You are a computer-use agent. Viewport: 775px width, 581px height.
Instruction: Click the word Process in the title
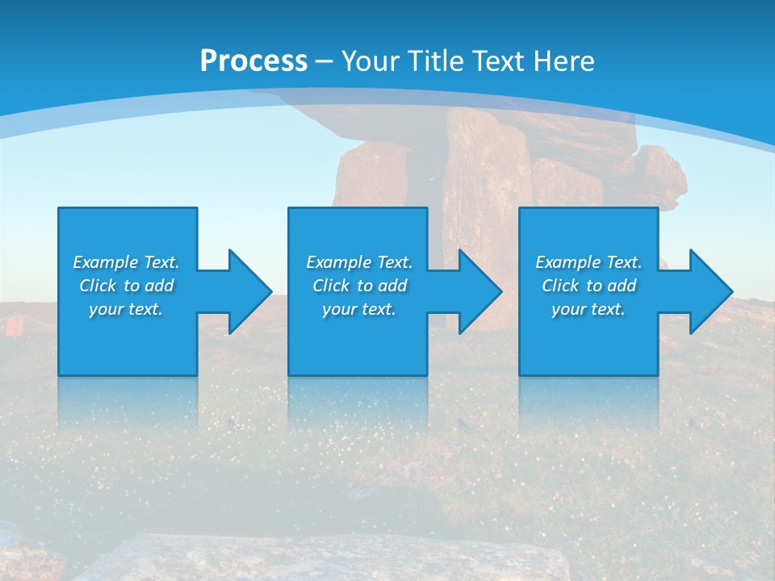[253, 61]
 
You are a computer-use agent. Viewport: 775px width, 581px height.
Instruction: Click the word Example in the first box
[106, 262]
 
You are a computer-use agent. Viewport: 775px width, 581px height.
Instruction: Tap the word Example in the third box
[568, 262]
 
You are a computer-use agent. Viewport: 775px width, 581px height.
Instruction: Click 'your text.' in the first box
[126, 309]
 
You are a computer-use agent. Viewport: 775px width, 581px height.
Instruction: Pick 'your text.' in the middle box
[359, 309]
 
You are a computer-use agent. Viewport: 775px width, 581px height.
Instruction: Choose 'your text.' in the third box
[589, 309]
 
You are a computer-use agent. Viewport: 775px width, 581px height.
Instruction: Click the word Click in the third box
[560, 286]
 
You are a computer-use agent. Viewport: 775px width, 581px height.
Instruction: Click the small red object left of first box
[13, 324]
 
